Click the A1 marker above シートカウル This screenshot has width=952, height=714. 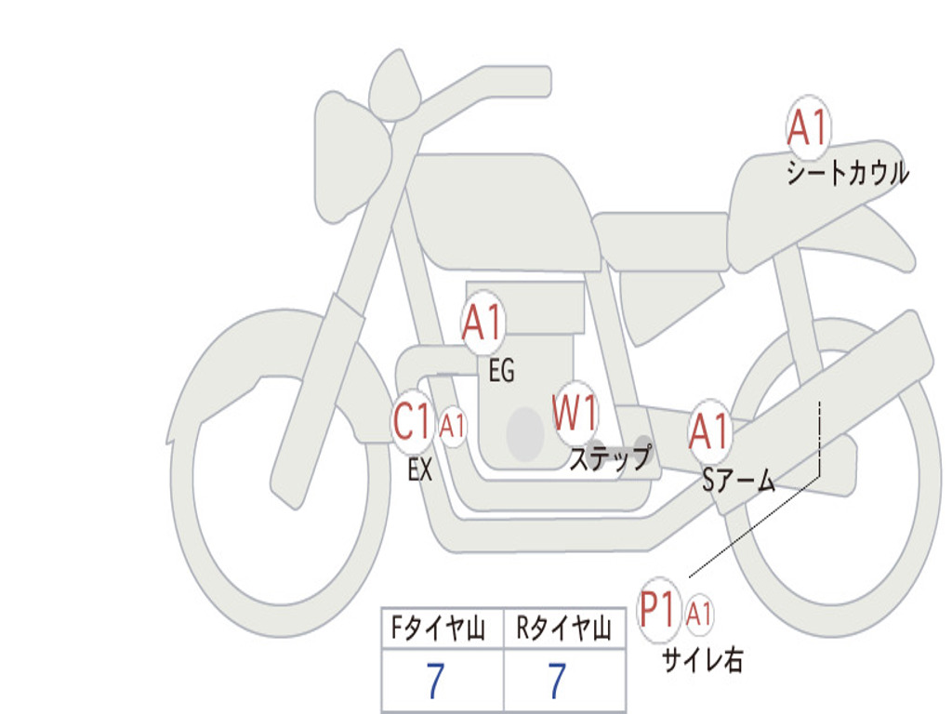coord(807,128)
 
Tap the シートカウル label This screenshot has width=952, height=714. coord(847,174)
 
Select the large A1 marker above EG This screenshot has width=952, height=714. coord(483,324)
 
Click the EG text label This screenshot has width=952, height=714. coord(501,372)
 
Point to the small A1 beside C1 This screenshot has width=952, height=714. coord(453,427)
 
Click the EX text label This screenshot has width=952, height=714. coord(420,470)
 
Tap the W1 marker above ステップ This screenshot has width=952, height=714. coord(575,413)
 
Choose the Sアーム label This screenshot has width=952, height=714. coord(738,481)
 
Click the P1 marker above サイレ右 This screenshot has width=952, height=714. coord(660,610)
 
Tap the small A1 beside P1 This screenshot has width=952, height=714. coord(700,614)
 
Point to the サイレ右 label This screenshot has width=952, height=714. coord(702,660)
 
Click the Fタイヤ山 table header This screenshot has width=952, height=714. coord(442,629)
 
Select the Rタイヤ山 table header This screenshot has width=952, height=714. coord(564,629)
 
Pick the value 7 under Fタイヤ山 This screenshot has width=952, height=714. coord(435,681)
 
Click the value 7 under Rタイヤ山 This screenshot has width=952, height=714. coord(557,681)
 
